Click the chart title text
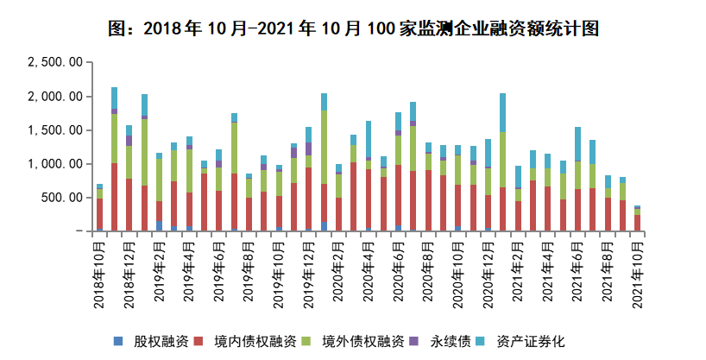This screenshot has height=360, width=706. pos(353,28)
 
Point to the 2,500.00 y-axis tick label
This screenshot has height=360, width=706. pos(55,63)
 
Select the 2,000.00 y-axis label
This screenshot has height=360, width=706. pos(55,97)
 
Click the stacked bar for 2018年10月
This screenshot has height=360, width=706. pos(99,208)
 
